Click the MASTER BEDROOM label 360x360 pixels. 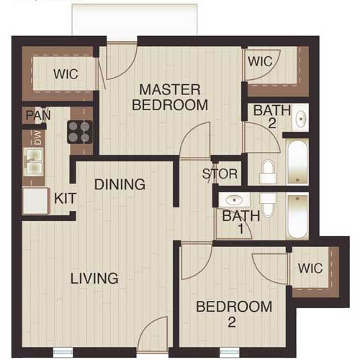pos(174,97)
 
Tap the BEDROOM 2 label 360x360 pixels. pos(235,314)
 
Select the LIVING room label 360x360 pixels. pos(94,278)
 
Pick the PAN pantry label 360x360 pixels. pos(33,115)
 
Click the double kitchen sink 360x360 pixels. pos(33,163)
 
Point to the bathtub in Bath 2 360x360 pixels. pos(297,161)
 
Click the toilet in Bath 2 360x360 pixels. pos(268,171)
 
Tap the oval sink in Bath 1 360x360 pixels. pos(233,201)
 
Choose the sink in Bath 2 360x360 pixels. pos(301,117)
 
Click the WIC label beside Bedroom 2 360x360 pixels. pos(312,269)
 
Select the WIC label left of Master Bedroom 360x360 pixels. pos(65,74)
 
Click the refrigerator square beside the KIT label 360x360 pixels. pos(35,201)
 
